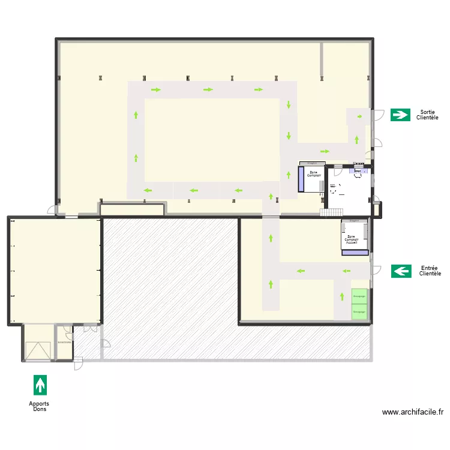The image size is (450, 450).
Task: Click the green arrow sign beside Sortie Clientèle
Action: (x=400, y=115)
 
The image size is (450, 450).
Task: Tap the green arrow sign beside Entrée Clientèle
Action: (x=401, y=271)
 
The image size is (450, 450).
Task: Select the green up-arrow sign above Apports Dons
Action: (x=40, y=385)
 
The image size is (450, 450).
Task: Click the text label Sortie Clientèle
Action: (x=427, y=115)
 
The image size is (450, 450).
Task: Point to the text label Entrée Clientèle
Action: (x=429, y=271)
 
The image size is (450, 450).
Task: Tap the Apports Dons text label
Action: (x=39, y=407)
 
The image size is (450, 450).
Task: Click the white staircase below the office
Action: (x=331, y=212)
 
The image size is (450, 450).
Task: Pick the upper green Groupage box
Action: (x=359, y=296)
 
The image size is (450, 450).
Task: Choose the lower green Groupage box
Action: (x=359, y=312)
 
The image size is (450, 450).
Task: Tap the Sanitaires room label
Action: (x=64, y=343)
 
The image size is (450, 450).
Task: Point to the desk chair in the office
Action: (x=358, y=174)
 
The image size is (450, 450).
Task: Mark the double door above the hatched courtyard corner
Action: (x=90, y=328)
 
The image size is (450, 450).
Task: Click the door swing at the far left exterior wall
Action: (x=53, y=210)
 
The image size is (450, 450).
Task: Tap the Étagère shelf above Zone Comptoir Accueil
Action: (x=354, y=221)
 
